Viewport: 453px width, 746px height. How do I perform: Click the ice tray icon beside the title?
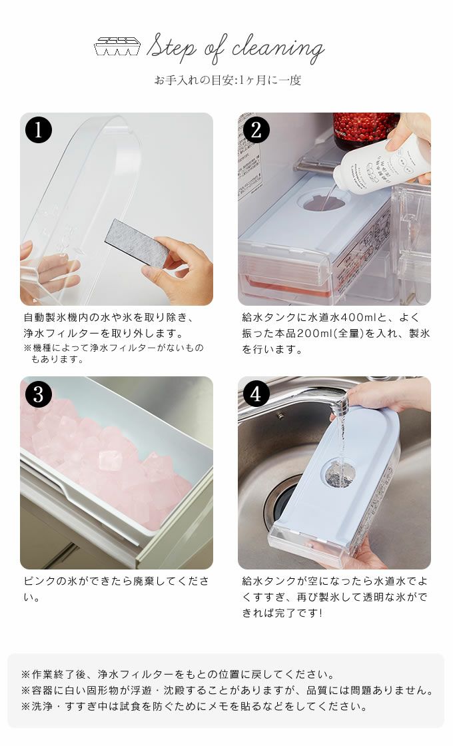(x=117, y=46)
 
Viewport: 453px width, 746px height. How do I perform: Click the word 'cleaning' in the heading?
(x=278, y=49)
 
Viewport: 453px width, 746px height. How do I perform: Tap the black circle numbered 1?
(x=39, y=131)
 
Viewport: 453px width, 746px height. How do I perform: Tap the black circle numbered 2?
(x=256, y=131)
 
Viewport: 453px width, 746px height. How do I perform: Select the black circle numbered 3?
(x=39, y=394)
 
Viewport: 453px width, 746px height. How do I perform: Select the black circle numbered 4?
(x=256, y=394)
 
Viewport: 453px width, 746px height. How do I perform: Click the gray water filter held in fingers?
(x=137, y=243)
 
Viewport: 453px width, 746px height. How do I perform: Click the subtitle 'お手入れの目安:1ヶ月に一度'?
(x=227, y=80)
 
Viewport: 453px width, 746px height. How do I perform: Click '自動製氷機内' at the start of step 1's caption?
(x=56, y=317)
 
